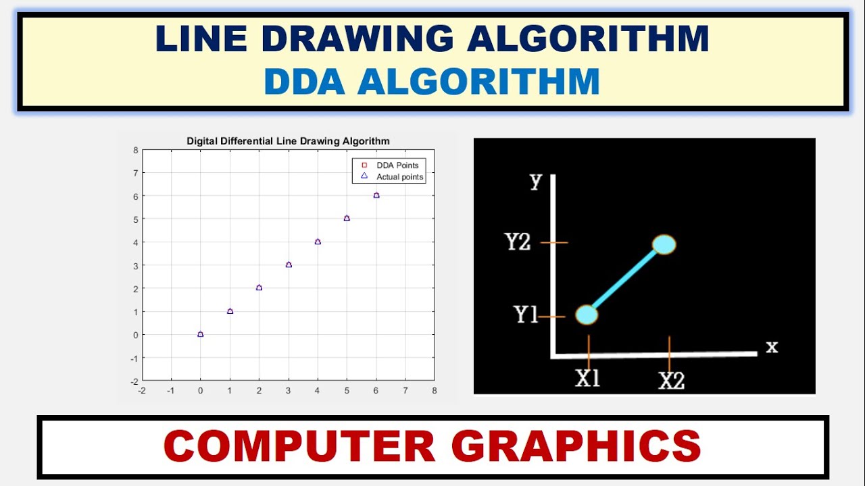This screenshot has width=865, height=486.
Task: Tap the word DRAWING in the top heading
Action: [357, 38]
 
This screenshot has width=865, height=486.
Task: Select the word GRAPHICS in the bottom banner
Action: [576, 446]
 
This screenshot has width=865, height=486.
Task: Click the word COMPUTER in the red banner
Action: [299, 446]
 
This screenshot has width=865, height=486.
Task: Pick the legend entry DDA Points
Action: [397, 165]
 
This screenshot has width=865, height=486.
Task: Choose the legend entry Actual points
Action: [399, 177]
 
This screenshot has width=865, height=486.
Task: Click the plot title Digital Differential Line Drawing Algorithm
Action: [288, 141]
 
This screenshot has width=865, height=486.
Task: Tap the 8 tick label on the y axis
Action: [136, 150]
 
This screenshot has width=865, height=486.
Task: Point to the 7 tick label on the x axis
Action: [405, 390]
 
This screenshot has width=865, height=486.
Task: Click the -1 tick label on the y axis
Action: [134, 358]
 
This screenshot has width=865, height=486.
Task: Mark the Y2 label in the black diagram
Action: [518, 242]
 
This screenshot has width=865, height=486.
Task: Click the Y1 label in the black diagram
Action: [526, 315]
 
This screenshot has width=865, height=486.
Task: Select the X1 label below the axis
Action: [588, 379]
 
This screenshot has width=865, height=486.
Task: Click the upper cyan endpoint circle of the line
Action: [664, 244]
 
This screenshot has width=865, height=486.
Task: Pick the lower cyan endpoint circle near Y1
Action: [587, 315]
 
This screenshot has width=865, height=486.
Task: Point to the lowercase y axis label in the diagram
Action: [536, 181]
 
